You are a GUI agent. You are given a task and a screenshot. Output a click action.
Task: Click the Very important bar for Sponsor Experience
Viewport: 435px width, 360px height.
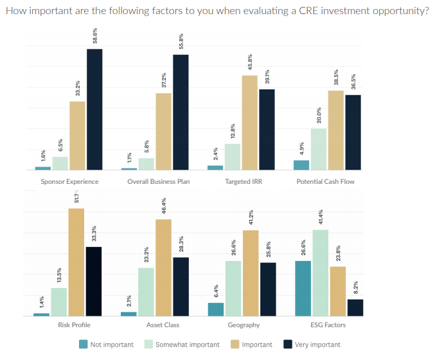coord(94,109)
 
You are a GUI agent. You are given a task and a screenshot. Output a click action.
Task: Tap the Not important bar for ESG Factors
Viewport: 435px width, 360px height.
coord(303,289)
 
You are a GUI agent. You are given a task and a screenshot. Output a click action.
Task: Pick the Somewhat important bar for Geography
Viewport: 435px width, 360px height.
coord(233,289)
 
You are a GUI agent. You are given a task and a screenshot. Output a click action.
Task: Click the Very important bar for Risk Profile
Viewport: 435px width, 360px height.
coord(94,282)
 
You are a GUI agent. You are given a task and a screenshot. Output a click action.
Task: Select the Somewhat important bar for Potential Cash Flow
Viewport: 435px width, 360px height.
coord(319,149)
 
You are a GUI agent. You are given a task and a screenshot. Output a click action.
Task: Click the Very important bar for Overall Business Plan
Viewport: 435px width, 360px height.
coord(181,113)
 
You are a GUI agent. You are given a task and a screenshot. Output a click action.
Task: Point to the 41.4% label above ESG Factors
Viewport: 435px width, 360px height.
coord(321,219)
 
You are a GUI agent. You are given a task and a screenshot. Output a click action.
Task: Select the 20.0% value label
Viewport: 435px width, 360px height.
coord(319,116)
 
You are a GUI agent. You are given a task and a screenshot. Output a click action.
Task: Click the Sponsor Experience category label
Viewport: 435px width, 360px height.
coord(69,181)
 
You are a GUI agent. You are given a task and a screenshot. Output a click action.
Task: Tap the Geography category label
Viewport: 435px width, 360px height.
coord(244,325)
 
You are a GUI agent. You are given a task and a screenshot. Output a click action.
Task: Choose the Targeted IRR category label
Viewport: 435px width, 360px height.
coord(244,181)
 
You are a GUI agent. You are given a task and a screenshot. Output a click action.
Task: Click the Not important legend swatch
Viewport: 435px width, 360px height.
coord(84,345)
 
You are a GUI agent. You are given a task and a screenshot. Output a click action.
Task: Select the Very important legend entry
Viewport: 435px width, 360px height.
coord(317,345)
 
